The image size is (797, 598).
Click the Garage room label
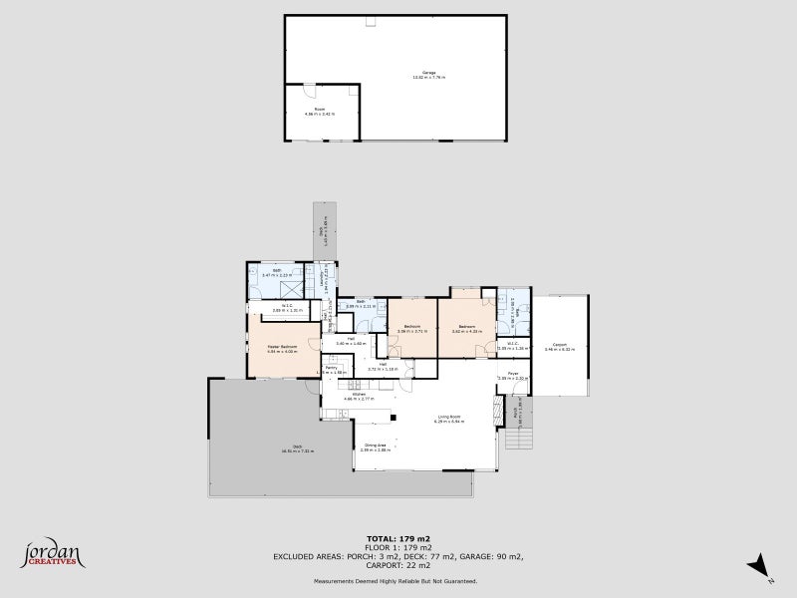[429, 74]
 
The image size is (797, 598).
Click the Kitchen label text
[357, 394]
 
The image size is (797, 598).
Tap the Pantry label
[332, 368]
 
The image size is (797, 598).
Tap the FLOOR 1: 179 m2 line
[398, 546]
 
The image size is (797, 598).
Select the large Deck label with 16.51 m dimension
[297, 447]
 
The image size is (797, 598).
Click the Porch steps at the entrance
[525, 436]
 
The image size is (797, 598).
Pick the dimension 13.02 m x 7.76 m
[429, 79]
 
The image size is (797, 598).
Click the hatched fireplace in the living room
[498, 411]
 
